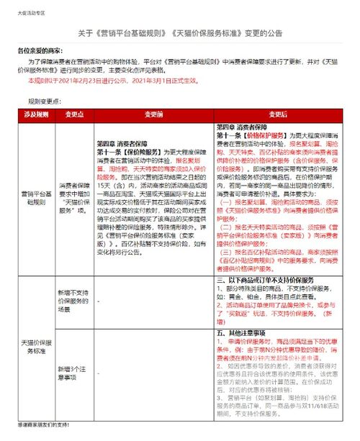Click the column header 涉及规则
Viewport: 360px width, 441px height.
click(37, 113)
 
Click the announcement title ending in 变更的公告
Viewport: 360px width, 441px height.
click(180, 34)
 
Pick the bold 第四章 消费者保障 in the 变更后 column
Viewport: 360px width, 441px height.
click(243, 126)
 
